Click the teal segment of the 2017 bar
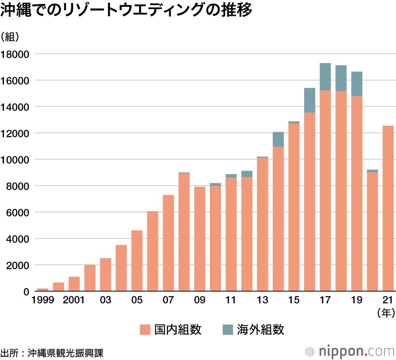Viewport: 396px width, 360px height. click(x=325, y=76)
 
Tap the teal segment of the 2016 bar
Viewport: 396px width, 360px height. click(x=309, y=100)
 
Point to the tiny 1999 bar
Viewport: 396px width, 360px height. click(x=43, y=290)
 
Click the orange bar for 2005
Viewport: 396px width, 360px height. click(x=137, y=261)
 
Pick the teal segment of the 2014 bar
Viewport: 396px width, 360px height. click(x=278, y=139)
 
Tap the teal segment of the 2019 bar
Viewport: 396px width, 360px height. click(x=356, y=84)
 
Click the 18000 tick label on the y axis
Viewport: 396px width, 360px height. click(x=15, y=54)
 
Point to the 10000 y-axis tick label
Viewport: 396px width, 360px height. click(x=15, y=160)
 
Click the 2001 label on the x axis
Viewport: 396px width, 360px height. click(x=74, y=300)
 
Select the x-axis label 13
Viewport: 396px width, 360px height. click(x=262, y=300)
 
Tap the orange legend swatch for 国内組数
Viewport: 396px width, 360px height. click(x=145, y=330)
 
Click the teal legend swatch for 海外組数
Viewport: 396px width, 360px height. click(x=227, y=330)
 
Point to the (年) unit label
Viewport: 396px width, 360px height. click(x=386, y=313)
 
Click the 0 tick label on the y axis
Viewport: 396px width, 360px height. click(x=27, y=292)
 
